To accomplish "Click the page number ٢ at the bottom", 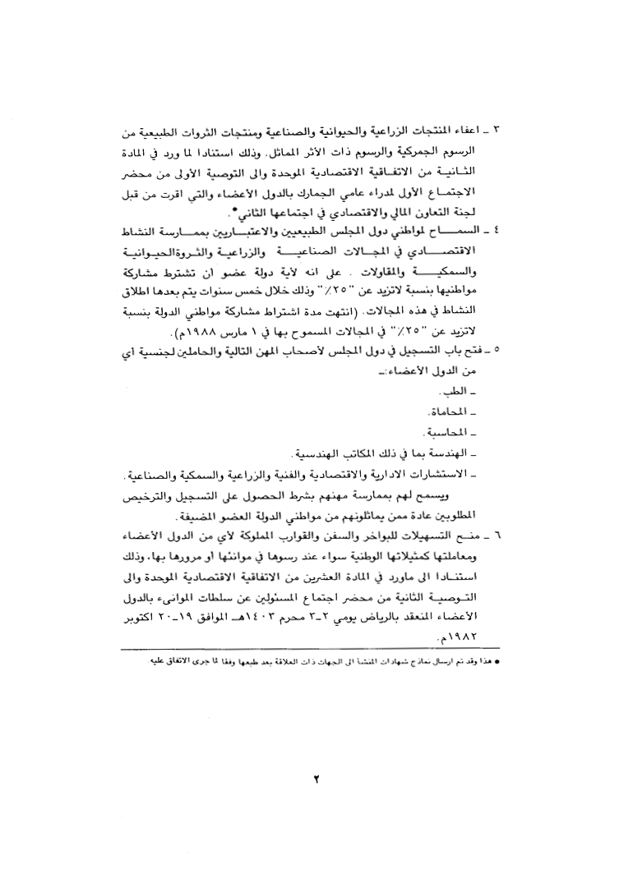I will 316,779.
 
